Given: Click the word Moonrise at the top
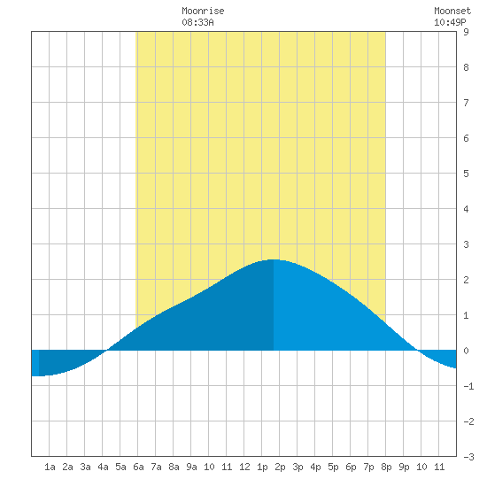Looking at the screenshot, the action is click(203, 11).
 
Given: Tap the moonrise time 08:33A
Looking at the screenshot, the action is click(197, 22).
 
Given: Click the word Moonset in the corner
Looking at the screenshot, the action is click(452, 11).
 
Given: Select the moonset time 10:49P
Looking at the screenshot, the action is click(450, 22).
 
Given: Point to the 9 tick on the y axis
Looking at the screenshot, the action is click(466, 32).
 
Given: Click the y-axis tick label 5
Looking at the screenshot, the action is click(466, 174).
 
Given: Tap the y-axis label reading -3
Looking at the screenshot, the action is click(468, 457).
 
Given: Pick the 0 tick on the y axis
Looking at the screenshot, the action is click(466, 351).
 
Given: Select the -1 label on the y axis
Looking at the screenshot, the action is click(468, 386).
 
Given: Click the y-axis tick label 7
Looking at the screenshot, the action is click(466, 103).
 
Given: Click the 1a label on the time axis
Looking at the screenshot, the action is click(50, 467).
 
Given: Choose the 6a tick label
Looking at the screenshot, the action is click(138, 467).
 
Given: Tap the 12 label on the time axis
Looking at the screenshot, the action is click(244, 467).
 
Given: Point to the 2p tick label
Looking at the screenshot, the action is click(280, 467).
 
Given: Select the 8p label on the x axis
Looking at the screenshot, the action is click(386, 467).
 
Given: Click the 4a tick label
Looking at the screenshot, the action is click(103, 467).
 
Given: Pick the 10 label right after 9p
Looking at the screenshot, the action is click(421, 467).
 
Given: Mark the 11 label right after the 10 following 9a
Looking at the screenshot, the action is click(227, 467).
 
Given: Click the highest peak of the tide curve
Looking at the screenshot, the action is click(274, 259).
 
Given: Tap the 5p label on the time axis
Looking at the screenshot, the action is click(333, 467).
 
